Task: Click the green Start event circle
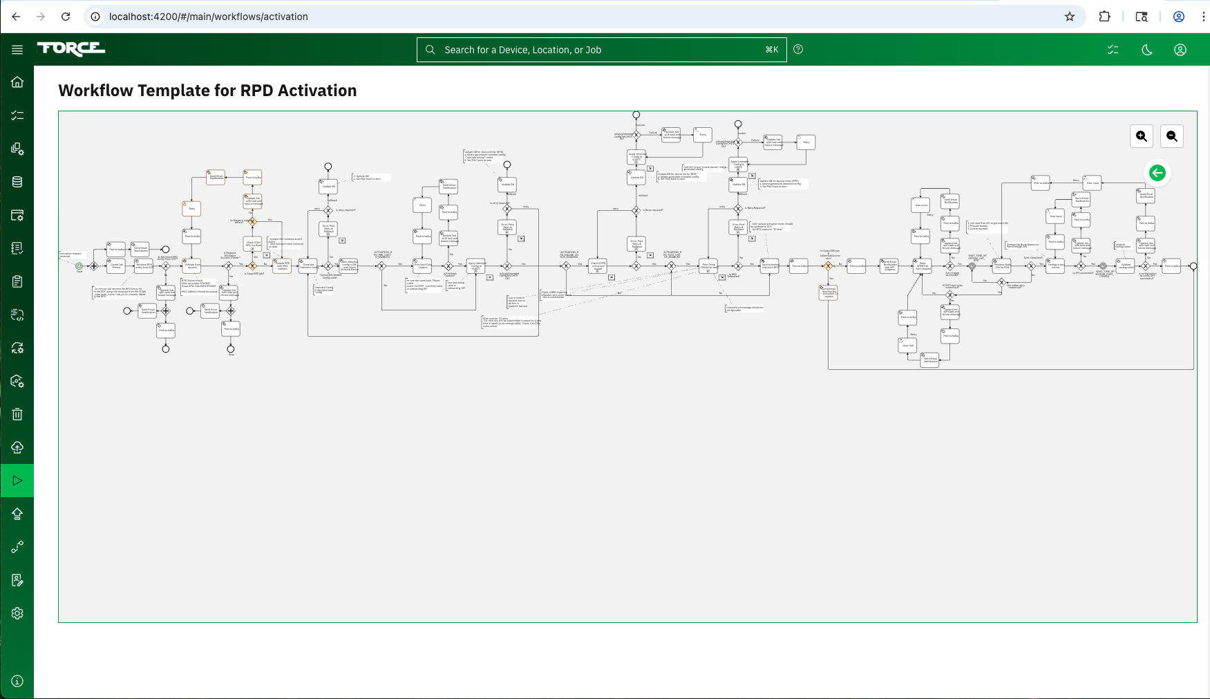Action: click(79, 265)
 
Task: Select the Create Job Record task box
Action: click(116, 265)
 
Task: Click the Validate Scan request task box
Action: click(191, 265)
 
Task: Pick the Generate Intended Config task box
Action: click(308, 265)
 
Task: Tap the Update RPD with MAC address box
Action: click(282, 265)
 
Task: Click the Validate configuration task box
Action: click(1125, 265)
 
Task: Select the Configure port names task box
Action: click(1055, 265)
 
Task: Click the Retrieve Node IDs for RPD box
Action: click(1001, 265)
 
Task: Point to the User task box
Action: click(907, 345)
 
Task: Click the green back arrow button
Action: click(1157, 173)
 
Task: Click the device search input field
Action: click(601, 50)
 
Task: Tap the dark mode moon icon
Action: click(1147, 50)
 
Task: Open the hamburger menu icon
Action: click(17, 50)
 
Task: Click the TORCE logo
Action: click(71, 48)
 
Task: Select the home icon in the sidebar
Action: click(17, 82)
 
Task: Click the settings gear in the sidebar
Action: click(17, 613)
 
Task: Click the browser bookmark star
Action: click(1070, 17)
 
